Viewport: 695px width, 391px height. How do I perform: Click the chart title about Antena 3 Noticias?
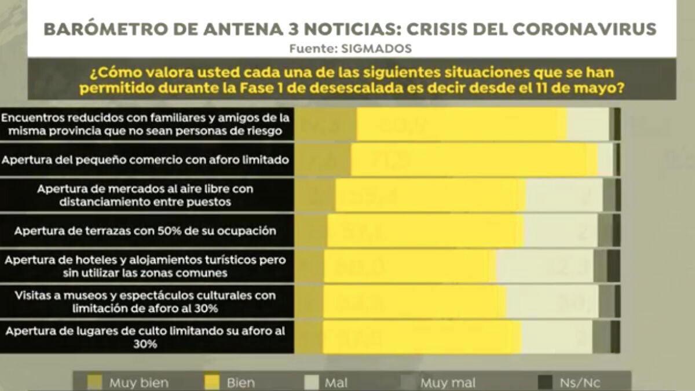pos(350,29)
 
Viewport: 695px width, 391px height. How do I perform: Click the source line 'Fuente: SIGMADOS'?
pos(350,49)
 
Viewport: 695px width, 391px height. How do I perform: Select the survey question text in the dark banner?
pos(351,81)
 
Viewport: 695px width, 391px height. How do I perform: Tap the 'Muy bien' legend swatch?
pos(94,382)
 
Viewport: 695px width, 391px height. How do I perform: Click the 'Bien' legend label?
pos(240,383)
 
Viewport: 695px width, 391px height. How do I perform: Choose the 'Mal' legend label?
pos(336,383)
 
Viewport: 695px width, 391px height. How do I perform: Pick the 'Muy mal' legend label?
pos(448,383)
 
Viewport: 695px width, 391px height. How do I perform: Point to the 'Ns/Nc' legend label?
pos(579,383)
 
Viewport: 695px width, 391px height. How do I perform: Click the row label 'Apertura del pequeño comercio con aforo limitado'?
pos(145,159)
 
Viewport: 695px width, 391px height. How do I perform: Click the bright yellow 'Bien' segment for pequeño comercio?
pos(474,159)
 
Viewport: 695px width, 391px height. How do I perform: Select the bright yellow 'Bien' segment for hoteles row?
pos(409,266)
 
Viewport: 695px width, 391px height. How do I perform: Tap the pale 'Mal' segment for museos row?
pos(552,302)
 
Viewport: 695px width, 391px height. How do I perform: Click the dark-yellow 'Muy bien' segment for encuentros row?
pos(326,124)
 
